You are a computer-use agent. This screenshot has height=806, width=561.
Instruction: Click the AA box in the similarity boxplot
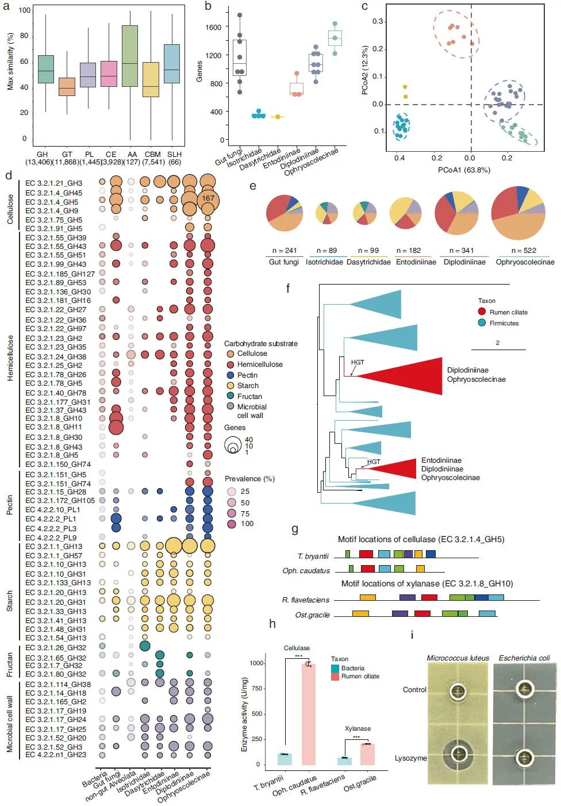tap(130, 56)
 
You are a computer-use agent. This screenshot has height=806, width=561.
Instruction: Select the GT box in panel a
tap(67, 86)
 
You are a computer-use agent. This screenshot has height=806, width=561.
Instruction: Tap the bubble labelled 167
tap(208, 198)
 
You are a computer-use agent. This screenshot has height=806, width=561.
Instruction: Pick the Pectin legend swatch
tap(230, 375)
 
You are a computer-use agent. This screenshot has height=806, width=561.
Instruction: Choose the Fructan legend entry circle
tap(230, 396)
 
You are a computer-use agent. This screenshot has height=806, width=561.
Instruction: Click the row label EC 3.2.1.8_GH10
tap(53, 419)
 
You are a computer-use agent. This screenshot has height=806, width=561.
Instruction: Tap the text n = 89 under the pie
tap(325, 251)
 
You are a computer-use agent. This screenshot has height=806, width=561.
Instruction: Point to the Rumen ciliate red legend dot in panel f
tap(482, 312)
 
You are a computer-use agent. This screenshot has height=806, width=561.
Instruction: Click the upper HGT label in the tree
tap(358, 362)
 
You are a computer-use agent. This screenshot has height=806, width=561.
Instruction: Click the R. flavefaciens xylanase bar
tap(344, 761)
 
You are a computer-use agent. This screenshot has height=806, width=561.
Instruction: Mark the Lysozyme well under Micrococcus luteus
tap(458, 753)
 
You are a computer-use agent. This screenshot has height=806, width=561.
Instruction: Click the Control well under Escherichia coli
tap(525, 689)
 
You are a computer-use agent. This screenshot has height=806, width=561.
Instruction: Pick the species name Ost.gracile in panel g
tap(312, 615)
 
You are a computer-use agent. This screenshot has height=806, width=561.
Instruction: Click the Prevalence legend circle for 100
tap(232, 524)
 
